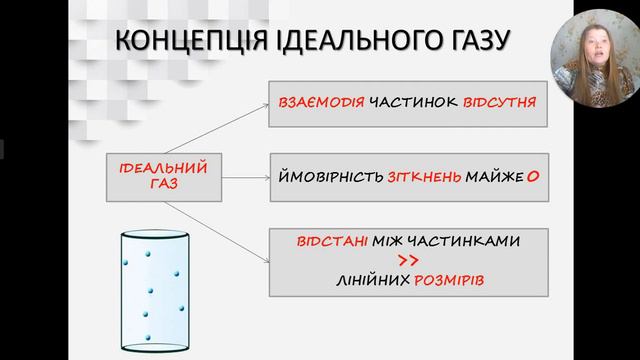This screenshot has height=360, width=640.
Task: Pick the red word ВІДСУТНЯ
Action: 500,103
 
